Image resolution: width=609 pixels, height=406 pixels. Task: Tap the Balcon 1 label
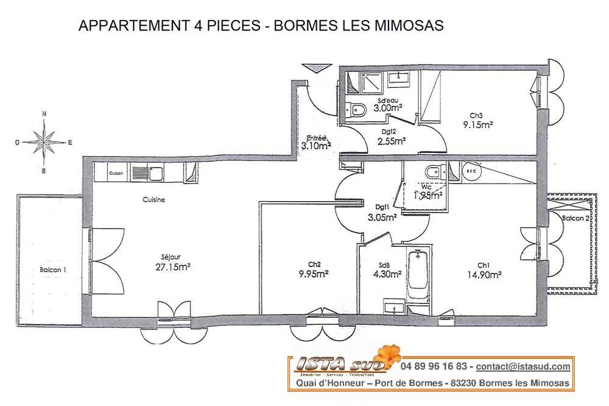coord(53,270)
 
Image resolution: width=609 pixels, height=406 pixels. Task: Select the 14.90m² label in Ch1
coord(485,275)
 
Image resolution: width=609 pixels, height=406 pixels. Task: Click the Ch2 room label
coord(314,264)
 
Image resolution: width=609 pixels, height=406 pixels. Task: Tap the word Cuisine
coord(154,199)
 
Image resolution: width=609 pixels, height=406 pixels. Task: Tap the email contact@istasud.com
coord(523,366)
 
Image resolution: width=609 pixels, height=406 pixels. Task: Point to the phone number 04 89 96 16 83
coord(434,366)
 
